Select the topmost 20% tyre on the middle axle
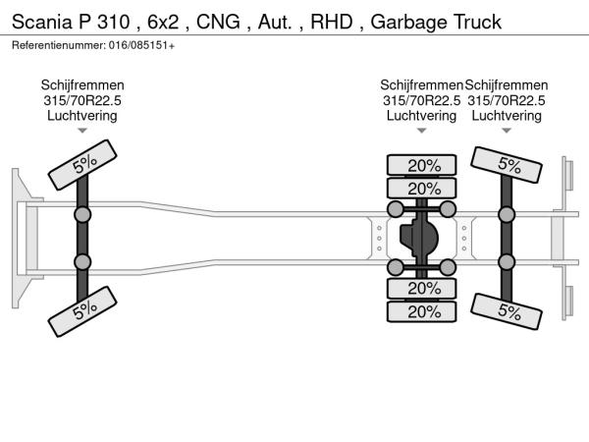[423, 166]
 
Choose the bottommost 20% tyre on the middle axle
[423, 311]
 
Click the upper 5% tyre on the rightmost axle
[509, 165]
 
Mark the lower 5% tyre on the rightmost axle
[509, 311]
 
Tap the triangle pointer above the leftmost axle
[82, 130]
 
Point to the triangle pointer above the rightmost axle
[507, 130]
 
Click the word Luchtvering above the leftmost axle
[82, 115]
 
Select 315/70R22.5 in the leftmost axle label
[82, 100]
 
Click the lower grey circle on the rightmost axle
[507, 261]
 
